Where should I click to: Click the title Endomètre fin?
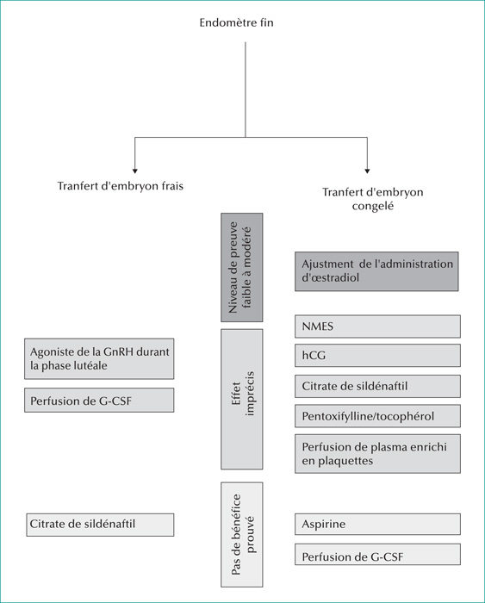coord(236,22)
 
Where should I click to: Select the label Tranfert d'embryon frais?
coord(121,186)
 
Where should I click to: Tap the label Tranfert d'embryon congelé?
coord(373,199)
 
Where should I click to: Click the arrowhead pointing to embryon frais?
coord(134,171)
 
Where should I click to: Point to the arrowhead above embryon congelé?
coord(367,171)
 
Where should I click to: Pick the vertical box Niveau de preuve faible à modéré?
coord(241,267)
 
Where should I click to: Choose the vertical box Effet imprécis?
coord(241,399)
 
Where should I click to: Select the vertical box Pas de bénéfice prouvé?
coord(241,534)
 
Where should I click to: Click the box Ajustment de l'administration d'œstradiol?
coord(376,271)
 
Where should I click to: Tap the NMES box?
coord(377,326)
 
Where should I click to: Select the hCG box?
coord(377,355)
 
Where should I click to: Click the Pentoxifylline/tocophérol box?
coord(377,416)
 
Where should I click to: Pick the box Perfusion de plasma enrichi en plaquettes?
coord(377,453)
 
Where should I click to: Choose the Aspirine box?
coord(377,524)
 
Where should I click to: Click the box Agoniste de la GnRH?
coord(99,359)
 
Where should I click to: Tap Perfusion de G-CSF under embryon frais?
coord(99,400)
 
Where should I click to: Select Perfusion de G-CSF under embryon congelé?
coord(377,554)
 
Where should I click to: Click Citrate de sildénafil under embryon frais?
coord(100,525)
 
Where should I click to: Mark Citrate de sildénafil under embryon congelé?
coord(377,386)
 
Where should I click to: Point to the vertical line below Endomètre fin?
coord(246,90)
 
